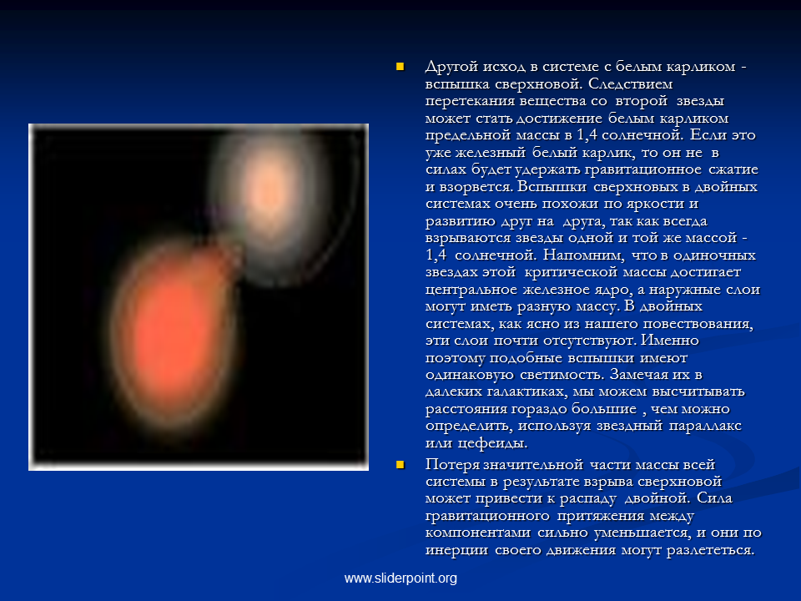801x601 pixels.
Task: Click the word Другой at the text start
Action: click(451, 68)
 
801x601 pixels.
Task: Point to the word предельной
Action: click(468, 135)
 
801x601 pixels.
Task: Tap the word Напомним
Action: click(584, 255)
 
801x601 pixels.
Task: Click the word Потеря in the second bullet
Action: click(453, 465)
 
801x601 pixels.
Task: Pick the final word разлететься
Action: click(711, 550)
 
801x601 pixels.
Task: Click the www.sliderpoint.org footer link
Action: click(400, 578)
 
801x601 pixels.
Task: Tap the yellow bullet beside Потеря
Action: click(400, 465)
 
